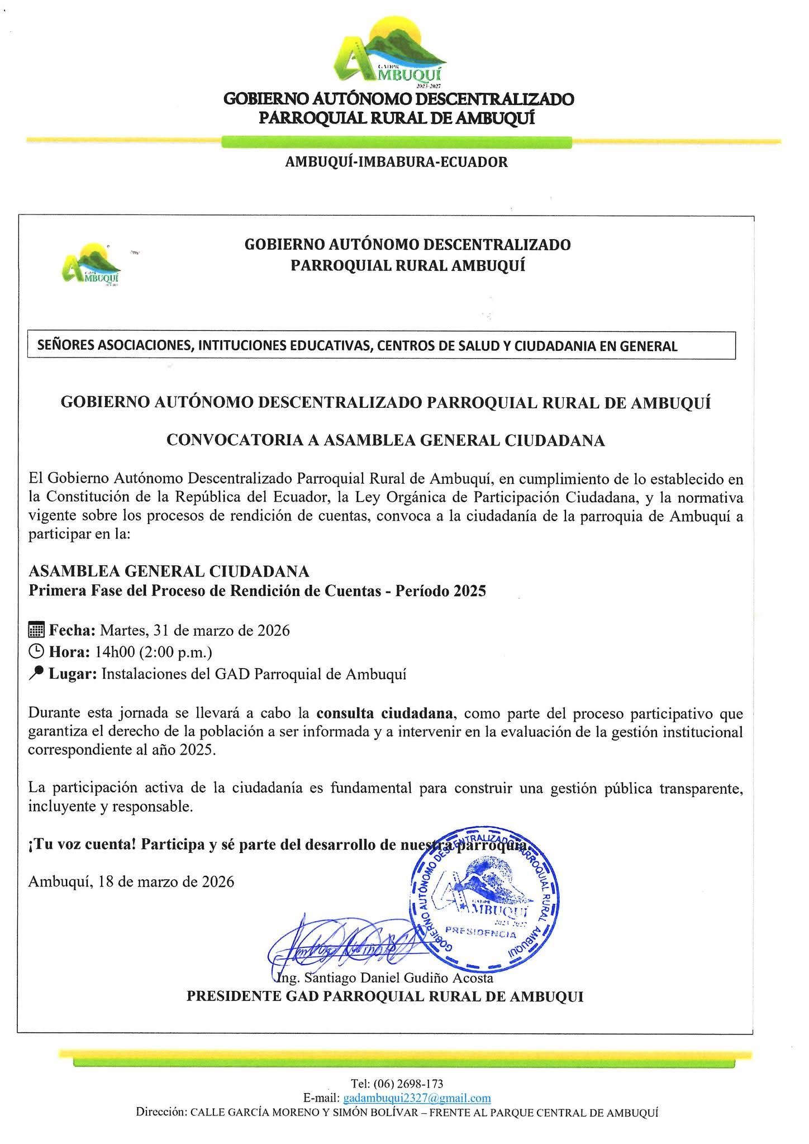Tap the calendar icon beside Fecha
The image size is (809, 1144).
(36, 631)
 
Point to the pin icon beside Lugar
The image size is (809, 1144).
(36, 674)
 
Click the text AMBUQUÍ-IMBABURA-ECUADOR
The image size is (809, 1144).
(396, 162)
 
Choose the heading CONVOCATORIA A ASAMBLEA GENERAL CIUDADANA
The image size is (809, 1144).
(386, 441)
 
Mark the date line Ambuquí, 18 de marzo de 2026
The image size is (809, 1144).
(131, 881)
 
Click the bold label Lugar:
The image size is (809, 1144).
(73, 674)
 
